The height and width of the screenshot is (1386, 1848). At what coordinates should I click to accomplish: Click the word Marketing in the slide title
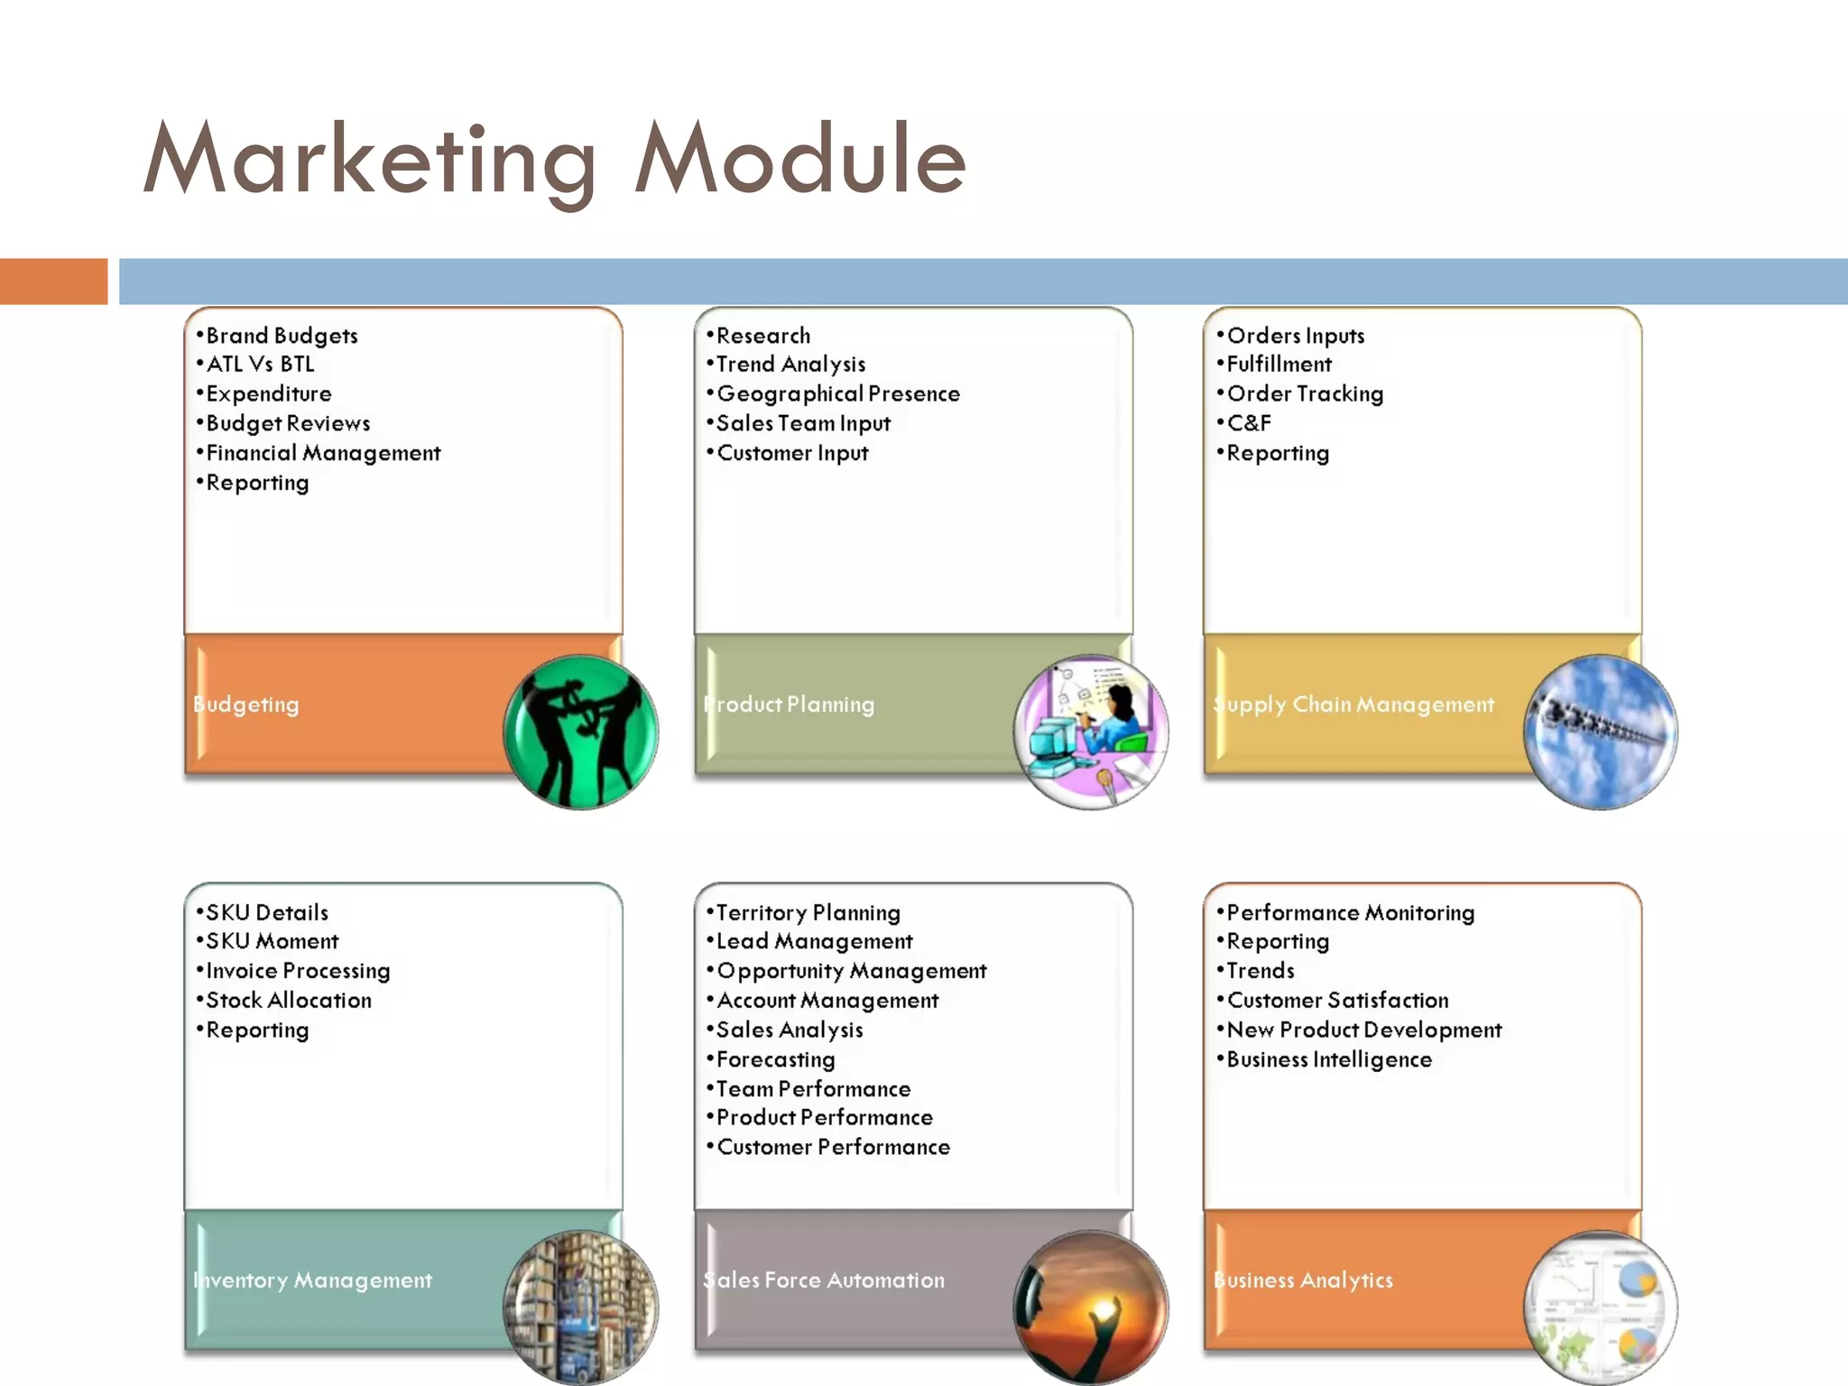pos(370,161)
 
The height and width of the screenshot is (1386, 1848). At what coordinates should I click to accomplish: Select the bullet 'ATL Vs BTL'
pos(260,365)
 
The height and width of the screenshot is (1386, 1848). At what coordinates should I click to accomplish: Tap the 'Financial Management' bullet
pos(323,453)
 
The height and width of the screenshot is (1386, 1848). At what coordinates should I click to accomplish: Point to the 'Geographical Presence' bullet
pos(837,394)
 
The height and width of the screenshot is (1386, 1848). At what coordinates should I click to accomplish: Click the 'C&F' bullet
pos(1249,423)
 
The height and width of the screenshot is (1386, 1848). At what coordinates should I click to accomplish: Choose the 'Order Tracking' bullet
pos(1305,394)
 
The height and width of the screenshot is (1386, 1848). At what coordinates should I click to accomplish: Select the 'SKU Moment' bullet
pos(272,941)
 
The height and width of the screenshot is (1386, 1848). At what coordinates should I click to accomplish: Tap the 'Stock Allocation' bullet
pos(289,1001)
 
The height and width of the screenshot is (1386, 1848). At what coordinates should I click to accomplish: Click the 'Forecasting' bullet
pos(775,1059)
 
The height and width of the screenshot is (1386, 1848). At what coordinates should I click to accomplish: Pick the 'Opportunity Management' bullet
pos(851,971)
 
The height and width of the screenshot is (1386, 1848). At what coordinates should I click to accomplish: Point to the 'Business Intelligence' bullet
pos(1329,1059)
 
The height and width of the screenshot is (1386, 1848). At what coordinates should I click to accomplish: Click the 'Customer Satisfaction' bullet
pos(1337,1001)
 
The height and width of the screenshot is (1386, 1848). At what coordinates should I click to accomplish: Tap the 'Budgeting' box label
pos(246,705)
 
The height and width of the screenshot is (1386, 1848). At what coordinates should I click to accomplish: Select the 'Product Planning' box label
pos(790,705)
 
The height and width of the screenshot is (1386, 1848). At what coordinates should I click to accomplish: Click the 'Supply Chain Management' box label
pos(1354,705)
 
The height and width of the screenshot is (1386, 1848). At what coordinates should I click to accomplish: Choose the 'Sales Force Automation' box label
pos(824,1280)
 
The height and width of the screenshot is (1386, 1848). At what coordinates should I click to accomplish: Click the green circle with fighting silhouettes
pos(580,732)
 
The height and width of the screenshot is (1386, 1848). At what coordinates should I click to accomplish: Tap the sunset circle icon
pos(1091,1307)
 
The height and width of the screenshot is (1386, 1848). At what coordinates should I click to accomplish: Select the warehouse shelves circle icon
pos(580,1307)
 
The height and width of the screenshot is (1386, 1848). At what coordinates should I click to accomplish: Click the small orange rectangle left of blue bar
pos(53,282)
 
